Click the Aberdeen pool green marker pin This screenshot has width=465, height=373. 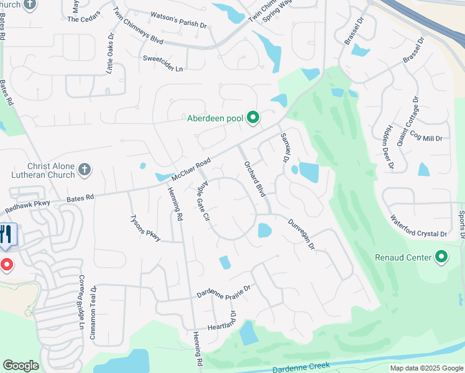coord(252,117)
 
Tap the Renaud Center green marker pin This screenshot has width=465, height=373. coord(441,257)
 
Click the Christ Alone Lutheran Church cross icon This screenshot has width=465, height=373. coord(85,169)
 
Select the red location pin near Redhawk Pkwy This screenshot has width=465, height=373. coord(6,265)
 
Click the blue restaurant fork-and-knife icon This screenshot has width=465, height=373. coord(7,236)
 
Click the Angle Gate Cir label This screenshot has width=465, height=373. coord(204,202)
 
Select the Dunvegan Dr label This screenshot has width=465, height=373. coord(302,234)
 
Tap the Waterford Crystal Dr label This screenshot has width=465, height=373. coord(418,227)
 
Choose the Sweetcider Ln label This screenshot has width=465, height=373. coord(163,63)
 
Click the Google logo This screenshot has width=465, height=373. coord(21,366)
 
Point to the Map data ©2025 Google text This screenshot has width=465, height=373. coord(426,368)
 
